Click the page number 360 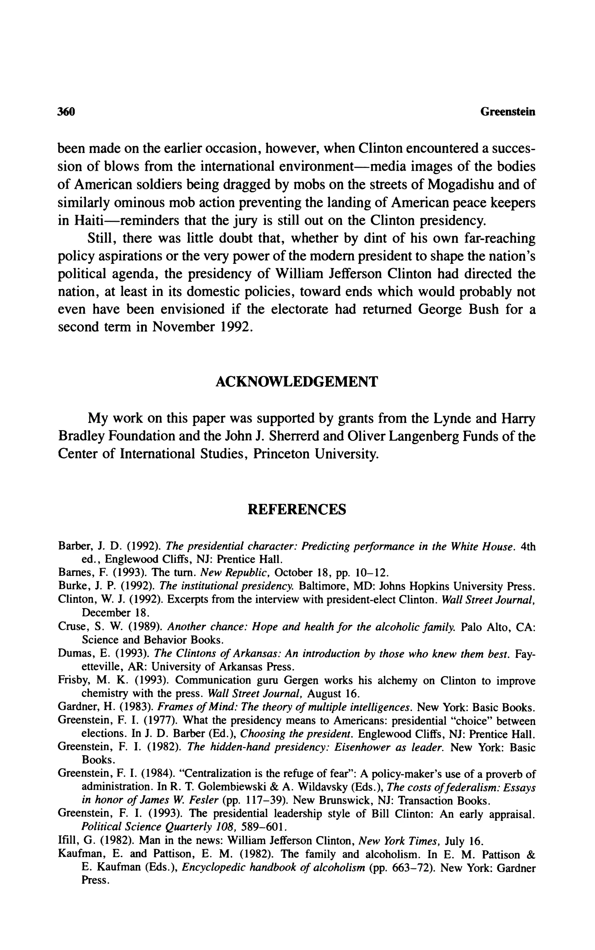[66, 112]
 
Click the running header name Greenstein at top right [508, 112]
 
